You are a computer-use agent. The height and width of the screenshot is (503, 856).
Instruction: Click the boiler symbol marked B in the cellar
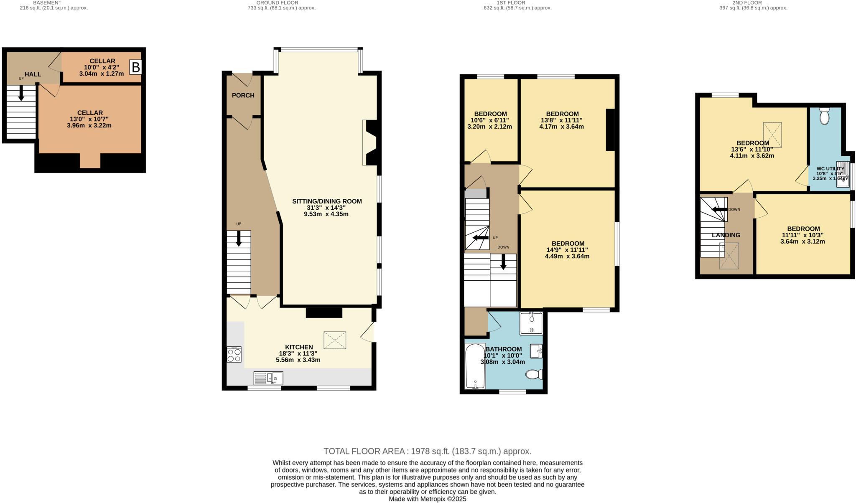(135, 67)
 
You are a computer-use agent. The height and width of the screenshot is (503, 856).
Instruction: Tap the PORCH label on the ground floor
(243, 95)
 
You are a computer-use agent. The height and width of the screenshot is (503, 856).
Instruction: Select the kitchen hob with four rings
(234, 355)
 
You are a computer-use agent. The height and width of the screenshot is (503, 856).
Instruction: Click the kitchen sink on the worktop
(268, 378)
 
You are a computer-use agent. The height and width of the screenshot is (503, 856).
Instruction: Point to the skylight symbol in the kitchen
(335, 340)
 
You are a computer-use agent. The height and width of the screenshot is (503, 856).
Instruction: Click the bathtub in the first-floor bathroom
(475, 366)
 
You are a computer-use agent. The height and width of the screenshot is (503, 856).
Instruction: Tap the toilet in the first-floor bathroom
(534, 374)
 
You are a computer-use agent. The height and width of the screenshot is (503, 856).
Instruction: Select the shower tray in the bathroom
(531, 323)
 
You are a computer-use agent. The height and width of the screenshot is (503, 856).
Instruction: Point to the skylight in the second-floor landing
(729, 256)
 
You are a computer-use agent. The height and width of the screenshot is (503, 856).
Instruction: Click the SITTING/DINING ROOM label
(327, 201)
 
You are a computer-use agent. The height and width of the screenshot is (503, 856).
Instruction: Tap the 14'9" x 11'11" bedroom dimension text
(567, 250)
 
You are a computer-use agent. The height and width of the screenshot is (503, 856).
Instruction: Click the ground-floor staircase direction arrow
(239, 239)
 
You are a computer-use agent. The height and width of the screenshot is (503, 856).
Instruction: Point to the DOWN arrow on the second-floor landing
(719, 209)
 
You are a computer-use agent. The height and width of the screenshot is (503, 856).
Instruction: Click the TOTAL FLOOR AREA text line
(427, 451)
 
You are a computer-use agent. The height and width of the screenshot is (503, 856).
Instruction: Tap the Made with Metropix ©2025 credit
(427, 499)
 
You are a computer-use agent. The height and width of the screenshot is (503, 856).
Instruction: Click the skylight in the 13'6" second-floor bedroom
(772, 134)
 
